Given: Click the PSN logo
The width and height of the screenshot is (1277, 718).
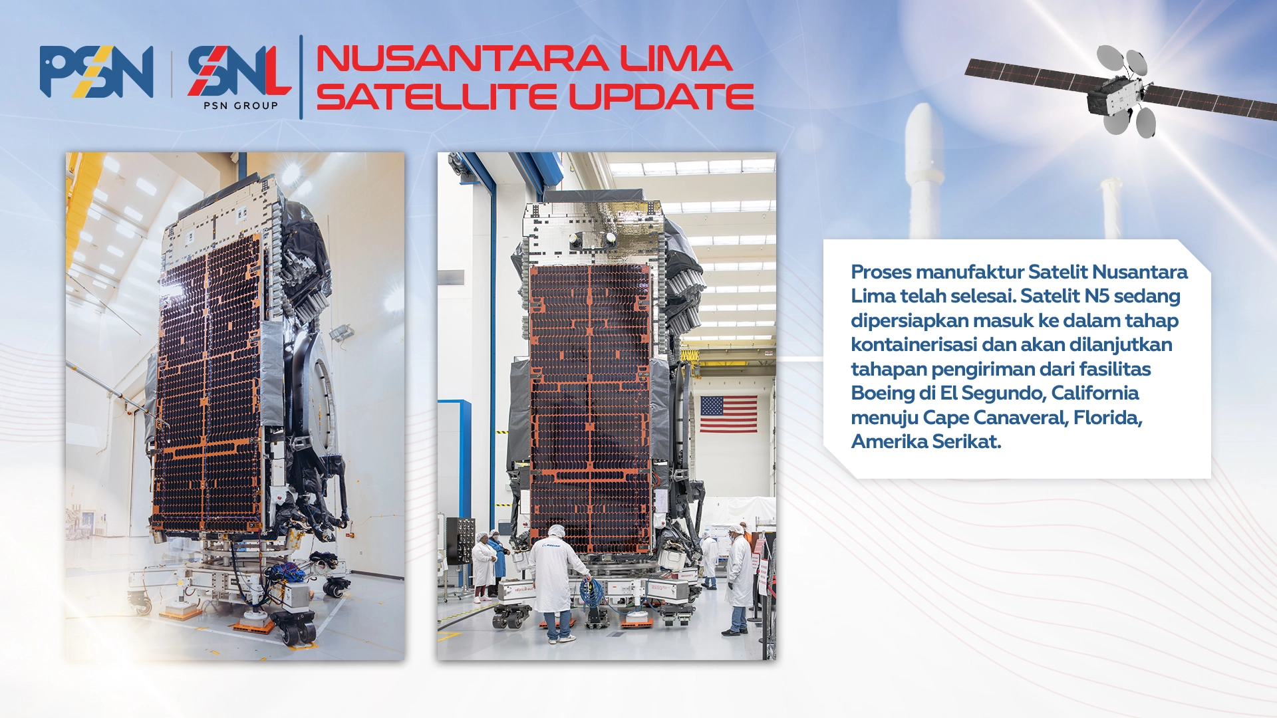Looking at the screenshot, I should point(96,72).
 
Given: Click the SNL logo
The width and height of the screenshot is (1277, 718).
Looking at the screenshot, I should point(239,70).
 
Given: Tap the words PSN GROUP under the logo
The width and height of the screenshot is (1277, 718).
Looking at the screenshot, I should point(241,106).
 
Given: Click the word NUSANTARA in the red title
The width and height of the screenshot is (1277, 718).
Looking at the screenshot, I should point(462,59).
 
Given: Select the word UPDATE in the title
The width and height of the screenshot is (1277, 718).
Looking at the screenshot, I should point(661,96).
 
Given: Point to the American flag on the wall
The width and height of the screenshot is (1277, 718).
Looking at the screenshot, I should point(728,414).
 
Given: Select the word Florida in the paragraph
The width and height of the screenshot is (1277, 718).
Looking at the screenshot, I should point(1107,418).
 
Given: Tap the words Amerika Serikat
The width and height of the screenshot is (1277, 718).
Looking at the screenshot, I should point(926,441).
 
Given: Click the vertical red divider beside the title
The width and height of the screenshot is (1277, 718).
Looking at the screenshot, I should point(301,77).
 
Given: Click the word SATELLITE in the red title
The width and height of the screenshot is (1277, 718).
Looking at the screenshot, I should point(436,96).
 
